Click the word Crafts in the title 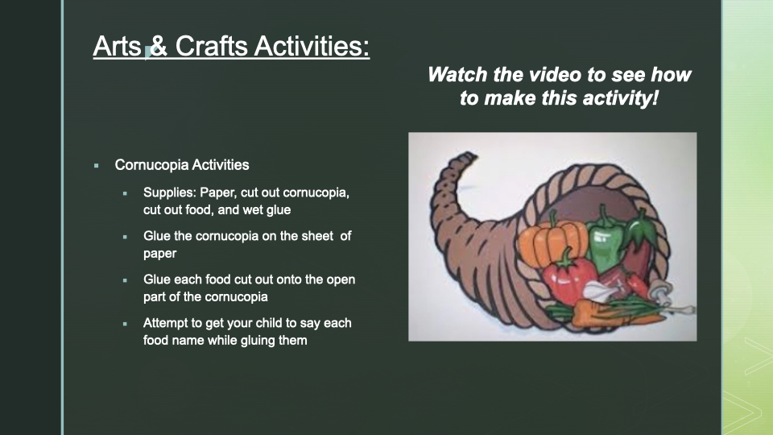point(211,46)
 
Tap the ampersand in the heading point(159,46)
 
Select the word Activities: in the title point(312,46)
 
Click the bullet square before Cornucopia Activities point(96,166)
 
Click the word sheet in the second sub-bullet point(317,236)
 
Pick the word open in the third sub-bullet point(341,280)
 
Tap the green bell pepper point(606,238)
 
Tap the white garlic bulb point(598,291)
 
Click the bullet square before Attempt point(126,324)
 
